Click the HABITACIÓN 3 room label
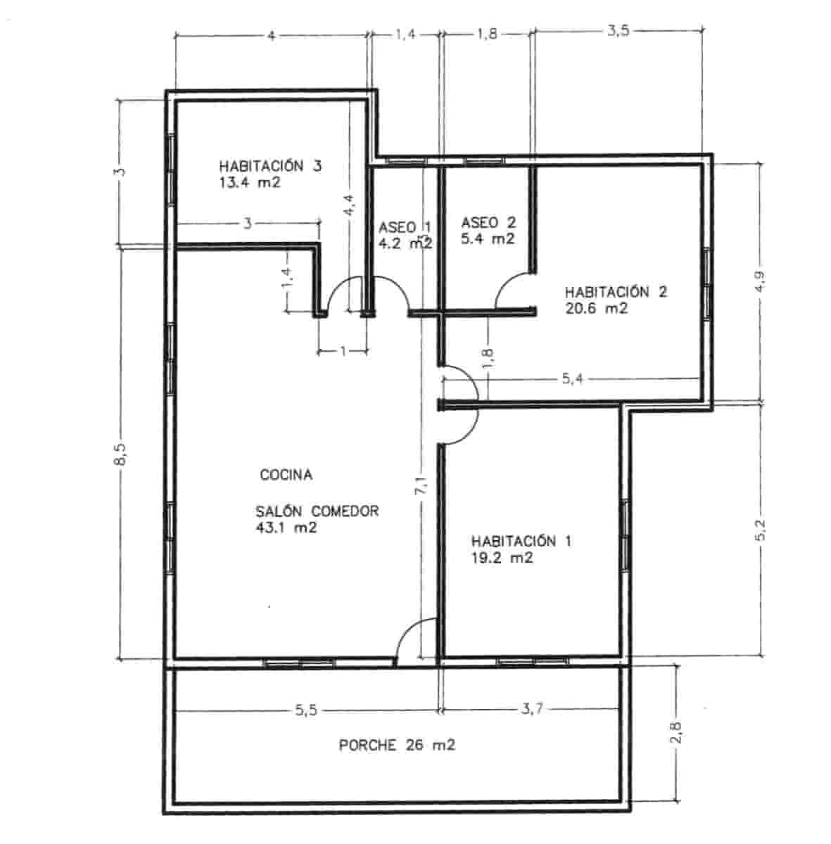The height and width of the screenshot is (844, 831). point(270,167)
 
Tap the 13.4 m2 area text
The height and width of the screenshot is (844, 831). point(250,183)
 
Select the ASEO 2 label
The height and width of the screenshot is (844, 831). point(488,223)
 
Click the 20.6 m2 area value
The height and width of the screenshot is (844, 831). point(596,308)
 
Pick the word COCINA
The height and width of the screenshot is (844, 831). point(286,475)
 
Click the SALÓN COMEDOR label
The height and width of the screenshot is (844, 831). point(317,511)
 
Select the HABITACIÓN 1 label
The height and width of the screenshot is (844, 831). point(521,542)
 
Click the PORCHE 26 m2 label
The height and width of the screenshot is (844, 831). point(397,746)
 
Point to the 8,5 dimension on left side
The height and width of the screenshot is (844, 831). point(120,455)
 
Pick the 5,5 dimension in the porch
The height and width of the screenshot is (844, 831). point(306,710)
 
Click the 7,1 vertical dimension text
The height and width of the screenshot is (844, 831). point(421,487)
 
